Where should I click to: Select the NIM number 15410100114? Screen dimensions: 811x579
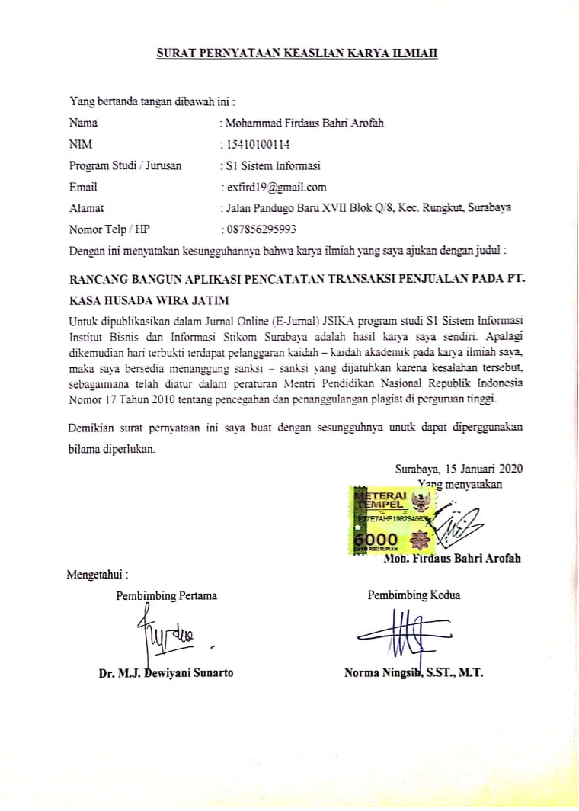[254, 143]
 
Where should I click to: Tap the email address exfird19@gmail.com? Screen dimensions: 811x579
[274, 186]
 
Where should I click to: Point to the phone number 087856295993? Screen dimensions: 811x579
[258, 229]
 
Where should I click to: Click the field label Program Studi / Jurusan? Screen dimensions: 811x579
[125, 165]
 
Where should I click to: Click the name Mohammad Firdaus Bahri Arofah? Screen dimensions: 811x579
[301, 122]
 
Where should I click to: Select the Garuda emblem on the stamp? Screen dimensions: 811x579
[418, 501]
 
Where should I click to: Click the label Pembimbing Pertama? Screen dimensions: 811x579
[166, 595]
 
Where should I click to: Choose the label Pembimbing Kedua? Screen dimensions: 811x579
[414, 595]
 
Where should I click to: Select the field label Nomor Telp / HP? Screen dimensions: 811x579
[110, 229]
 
